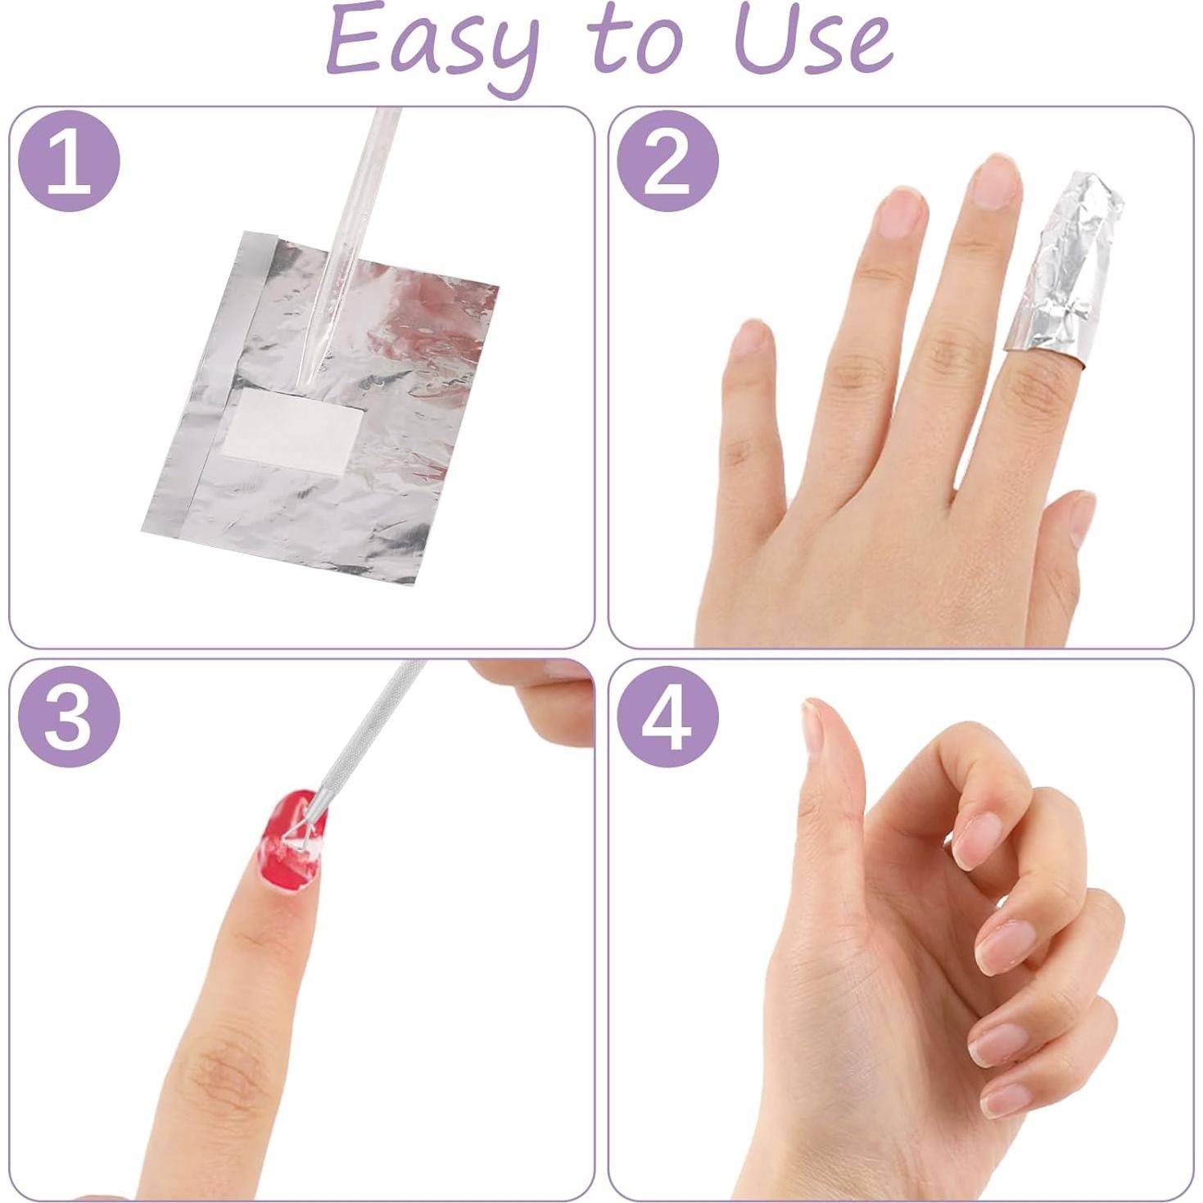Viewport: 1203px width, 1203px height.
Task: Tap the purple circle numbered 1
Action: tap(69, 161)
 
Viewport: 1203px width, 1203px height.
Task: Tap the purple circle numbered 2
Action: tap(667, 161)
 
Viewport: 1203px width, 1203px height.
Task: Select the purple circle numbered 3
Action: tap(69, 717)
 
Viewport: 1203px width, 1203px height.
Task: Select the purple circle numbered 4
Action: tap(667, 717)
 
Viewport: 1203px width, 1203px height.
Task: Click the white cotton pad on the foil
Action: tap(292, 424)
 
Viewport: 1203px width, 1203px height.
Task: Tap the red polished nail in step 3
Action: tap(292, 839)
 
